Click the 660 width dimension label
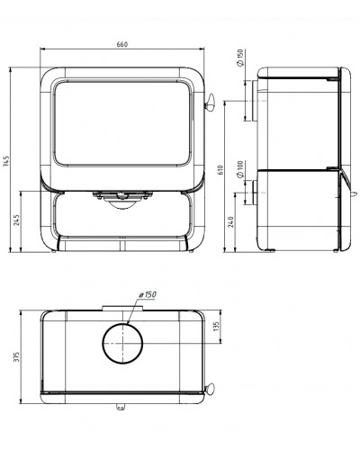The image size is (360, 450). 122,44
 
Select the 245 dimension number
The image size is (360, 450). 17,220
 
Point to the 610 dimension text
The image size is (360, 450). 220,170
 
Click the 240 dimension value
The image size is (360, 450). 230,221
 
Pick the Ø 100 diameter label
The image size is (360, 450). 240,169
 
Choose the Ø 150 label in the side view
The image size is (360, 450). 240,58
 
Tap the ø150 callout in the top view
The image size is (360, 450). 148,294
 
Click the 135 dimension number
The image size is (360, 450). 217,327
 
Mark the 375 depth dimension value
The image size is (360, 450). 17,356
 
